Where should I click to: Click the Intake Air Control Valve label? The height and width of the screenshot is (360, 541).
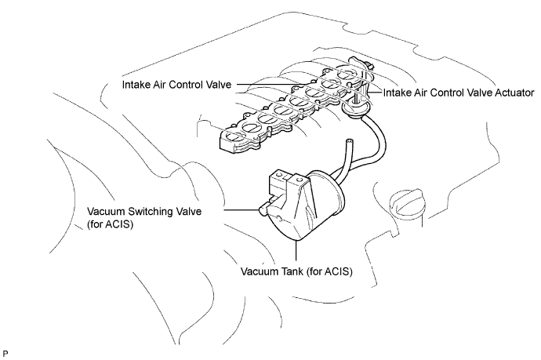(176, 85)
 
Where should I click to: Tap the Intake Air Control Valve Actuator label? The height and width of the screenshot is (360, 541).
(459, 93)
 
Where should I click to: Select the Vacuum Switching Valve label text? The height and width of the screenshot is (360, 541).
(144, 211)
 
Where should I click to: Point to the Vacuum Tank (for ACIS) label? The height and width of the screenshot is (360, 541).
(296, 271)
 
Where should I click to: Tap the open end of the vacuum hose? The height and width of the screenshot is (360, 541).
(350, 141)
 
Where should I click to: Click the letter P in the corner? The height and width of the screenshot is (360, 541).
(5, 354)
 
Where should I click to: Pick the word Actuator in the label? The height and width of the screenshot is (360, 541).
(514, 93)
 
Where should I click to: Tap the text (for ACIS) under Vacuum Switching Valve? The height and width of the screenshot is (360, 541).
(110, 224)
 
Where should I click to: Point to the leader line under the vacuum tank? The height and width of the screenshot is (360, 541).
(296, 251)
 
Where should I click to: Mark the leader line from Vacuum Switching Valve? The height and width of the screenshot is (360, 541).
(241, 210)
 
